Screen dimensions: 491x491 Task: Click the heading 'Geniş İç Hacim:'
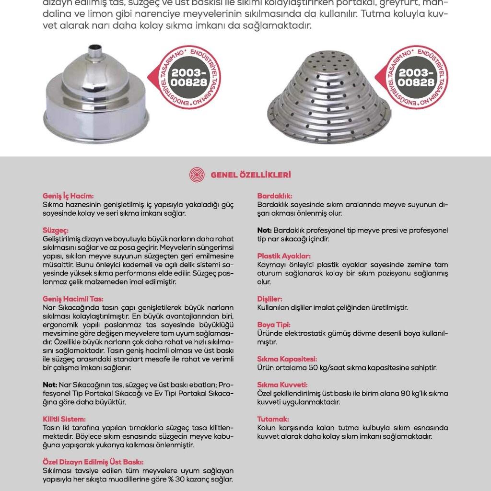tap(68, 196)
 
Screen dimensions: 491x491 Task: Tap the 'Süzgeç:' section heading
tap(56, 230)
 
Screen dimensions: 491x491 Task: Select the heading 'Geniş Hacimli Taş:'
tap(73, 298)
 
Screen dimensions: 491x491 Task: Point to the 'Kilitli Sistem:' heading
tap(64, 419)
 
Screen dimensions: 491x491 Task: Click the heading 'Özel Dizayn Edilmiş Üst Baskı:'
tap(93, 462)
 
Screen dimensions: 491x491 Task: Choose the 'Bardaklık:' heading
tap(275, 196)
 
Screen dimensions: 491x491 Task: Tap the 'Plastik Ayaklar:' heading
tap(284, 256)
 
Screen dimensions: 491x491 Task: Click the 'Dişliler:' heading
tap(270, 299)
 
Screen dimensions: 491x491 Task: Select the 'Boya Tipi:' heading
tap(274, 325)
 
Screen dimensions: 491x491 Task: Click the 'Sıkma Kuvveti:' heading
tap(282, 385)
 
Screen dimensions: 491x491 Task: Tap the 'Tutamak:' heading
tap(273, 419)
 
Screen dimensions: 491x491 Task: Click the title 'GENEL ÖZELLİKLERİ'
tap(251, 175)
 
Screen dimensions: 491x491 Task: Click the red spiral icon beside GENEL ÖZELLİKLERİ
tap(197, 175)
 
